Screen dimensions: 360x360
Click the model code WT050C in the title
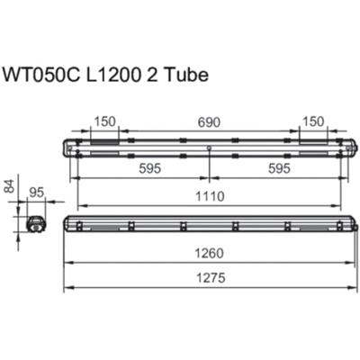[40, 75]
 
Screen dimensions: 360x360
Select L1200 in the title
[113, 75]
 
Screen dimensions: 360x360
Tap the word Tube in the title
[186, 75]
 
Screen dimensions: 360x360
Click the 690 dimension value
[209, 122]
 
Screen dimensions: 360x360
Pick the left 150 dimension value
[104, 121]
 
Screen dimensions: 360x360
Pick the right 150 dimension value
[313, 121]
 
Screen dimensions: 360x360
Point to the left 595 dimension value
[150, 168]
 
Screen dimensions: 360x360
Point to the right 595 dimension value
[279, 168]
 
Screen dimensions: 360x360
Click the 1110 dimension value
[210, 196]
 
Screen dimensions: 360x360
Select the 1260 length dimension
[210, 254]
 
